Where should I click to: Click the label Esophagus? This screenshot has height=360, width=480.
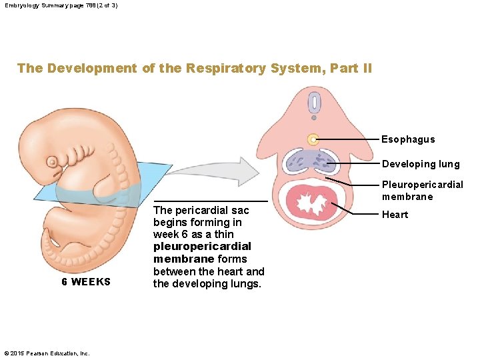point(408,139)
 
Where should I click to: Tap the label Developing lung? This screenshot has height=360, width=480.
point(421,164)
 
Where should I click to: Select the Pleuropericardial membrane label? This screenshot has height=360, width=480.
point(422,191)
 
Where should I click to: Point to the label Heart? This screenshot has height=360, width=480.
point(395,215)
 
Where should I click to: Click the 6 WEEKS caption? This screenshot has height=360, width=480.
point(86,282)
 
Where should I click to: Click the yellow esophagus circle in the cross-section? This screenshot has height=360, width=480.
point(312,139)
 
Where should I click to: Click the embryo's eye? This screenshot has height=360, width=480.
point(52,161)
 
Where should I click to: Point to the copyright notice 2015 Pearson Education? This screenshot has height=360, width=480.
point(47,353)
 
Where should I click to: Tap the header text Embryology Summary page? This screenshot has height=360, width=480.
point(60,5)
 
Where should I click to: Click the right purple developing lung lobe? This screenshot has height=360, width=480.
point(326,162)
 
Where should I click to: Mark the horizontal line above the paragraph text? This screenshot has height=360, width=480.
point(211,201)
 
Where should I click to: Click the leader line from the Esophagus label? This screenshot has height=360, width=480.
point(347,139)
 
